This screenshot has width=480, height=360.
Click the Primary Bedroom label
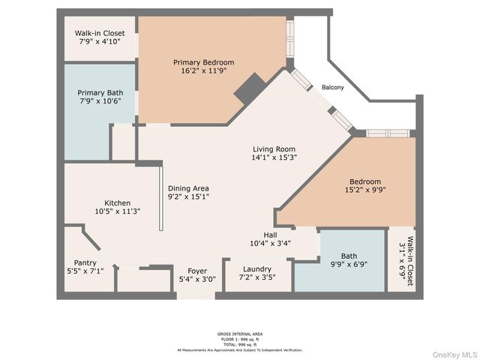click(x=203, y=61)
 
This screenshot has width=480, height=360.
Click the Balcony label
click(x=333, y=88)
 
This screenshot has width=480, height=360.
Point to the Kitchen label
click(x=117, y=202)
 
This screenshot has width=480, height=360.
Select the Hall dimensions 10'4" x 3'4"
click(x=270, y=243)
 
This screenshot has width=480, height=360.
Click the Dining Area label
click(x=188, y=188)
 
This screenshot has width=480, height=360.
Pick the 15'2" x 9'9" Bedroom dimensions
click(x=364, y=190)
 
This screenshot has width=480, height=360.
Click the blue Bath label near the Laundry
click(x=349, y=256)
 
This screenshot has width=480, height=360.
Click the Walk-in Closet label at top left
click(x=99, y=34)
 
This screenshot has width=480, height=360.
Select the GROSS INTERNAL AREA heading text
click(x=240, y=334)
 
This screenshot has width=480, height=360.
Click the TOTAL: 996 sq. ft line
click(x=240, y=344)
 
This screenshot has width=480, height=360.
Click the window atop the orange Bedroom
click(x=388, y=133)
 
